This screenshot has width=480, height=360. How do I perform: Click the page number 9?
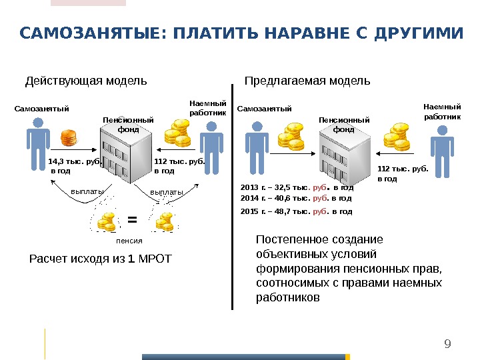coord(447,344)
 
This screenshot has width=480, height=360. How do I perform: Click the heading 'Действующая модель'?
coord(86,81)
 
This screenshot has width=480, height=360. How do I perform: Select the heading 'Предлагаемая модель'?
coord(307,81)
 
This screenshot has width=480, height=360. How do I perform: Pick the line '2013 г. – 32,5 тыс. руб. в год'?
coord(295,189)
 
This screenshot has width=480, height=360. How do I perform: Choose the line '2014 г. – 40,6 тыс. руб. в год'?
coord(295,199)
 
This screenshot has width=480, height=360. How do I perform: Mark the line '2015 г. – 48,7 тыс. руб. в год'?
coord(295,211)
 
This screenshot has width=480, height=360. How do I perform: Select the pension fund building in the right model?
coord(342,155)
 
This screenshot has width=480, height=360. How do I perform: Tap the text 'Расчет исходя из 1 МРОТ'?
coord(100,259)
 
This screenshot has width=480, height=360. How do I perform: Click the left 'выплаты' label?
coord(86,192)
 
